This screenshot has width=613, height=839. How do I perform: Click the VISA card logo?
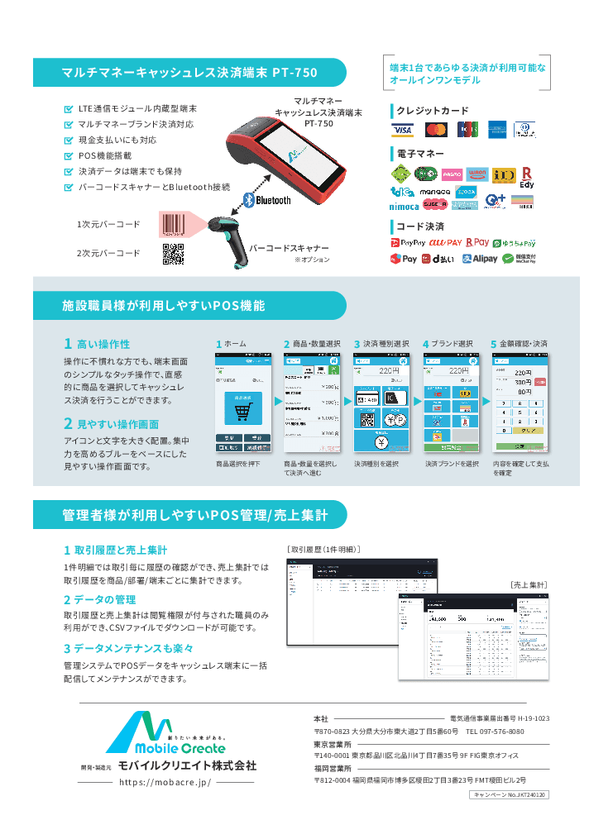point(403,130)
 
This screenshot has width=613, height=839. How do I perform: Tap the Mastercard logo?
point(436,130)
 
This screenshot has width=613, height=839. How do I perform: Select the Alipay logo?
point(480,259)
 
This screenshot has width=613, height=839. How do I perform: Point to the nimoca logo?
point(405,205)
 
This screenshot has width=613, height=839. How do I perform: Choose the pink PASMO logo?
point(452,174)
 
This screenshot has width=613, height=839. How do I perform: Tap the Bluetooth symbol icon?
point(246,200)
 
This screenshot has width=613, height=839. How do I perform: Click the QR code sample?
point(173,255)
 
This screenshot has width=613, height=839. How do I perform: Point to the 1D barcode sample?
point(173,225)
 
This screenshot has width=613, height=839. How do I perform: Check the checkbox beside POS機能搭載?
point(69,155)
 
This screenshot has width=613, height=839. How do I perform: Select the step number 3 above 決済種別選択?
point(357,344)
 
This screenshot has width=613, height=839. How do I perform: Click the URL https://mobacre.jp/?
point(165,781)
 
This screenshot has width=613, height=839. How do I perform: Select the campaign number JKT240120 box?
point(510,794)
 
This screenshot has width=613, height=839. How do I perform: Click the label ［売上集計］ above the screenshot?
point(528,584)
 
